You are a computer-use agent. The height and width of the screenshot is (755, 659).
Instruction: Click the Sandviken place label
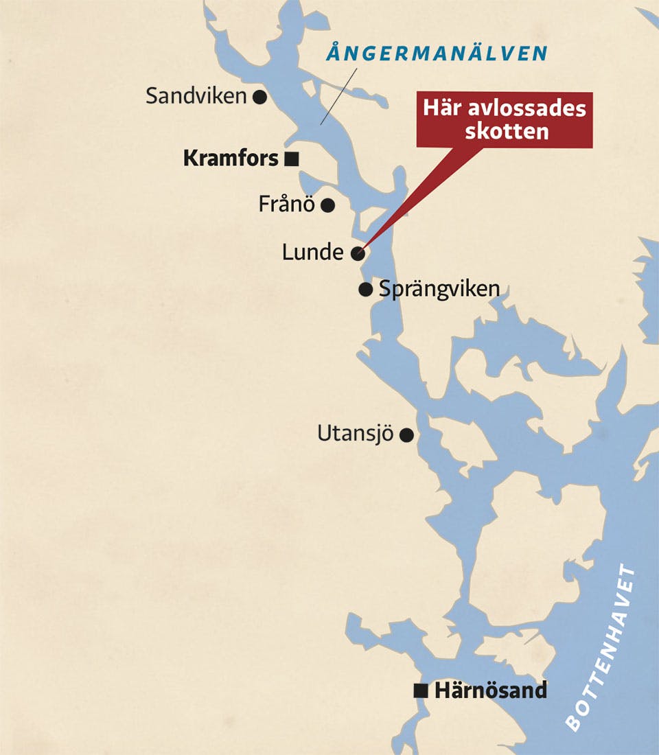tap(196, 96)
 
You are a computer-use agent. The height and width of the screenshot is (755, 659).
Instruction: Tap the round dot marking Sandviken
tap(259, 97)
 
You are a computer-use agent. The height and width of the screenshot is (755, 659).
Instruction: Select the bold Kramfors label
tap(231, 159)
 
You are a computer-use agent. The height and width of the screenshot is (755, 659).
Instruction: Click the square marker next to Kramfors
tap(291, 159)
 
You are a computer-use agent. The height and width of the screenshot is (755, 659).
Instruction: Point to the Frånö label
tap(286, 204)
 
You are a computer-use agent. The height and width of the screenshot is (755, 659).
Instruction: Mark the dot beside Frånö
tap(328, 205)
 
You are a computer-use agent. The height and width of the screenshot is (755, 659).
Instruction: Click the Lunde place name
tap(312, 253)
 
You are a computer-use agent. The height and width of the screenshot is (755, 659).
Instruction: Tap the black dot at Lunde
tap(357, 253)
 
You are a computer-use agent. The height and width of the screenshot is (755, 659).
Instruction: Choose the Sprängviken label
tap(439, 289)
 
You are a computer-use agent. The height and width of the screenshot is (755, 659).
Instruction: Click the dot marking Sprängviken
tap(366, 289)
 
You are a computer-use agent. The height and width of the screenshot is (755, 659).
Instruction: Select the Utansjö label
tap(354, 434)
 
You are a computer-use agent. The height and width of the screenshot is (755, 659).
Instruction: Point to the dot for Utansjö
tap(406, 434)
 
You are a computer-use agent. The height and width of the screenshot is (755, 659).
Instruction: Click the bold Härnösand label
tap(491, 690)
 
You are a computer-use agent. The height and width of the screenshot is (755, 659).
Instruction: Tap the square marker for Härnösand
tap(421, 691)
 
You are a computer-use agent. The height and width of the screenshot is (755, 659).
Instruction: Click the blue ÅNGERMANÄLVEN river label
tap(437, 54)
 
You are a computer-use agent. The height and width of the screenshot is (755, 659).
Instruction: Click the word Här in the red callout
tap(440, 109)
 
